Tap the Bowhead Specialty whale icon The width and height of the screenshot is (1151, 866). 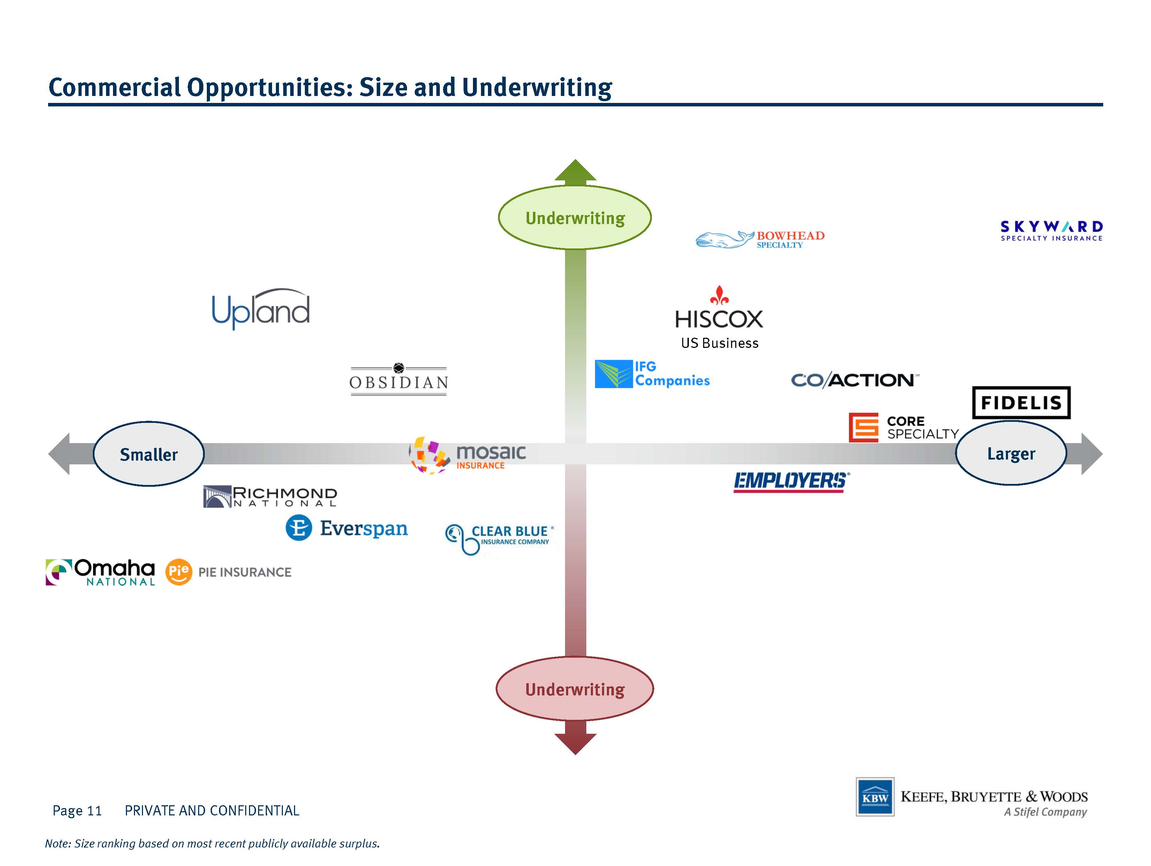click(725, 239)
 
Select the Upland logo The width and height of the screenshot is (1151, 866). click(261, 309)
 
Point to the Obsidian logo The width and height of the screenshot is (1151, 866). click(399, 379)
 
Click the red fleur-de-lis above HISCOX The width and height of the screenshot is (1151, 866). click(719, 295)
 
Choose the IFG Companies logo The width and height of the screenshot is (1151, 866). click(652, 374)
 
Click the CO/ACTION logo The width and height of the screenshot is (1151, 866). click(855, 380)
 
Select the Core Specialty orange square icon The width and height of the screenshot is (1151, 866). click(864, 427)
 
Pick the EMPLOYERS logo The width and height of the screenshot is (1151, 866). click(791, 481)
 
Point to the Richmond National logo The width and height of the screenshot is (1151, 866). click(270, 497)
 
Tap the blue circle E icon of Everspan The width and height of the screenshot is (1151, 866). click(299, 528)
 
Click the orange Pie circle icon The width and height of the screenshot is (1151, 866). click(179, 572)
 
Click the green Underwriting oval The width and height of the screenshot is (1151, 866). click(575, 217)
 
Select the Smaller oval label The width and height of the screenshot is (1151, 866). click(149, 454)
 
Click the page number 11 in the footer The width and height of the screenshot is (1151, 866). click(94, 810)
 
